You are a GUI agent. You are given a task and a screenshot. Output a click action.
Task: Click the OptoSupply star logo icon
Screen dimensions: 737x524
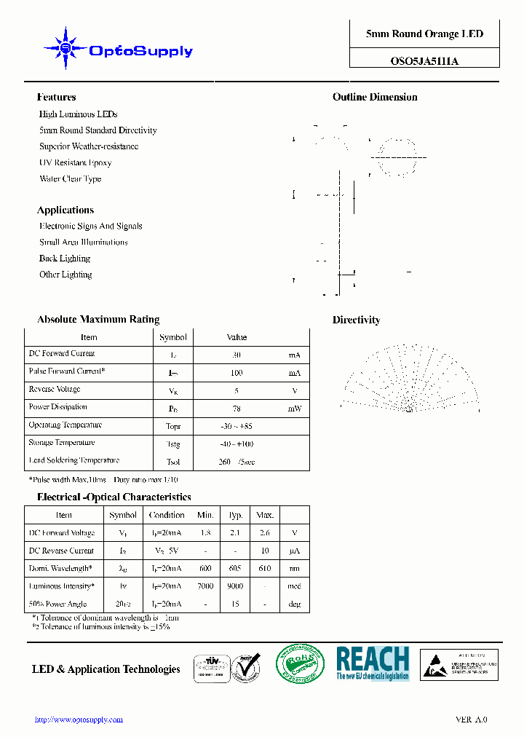click(65, 49)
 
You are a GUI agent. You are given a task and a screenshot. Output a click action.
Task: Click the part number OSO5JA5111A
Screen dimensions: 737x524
click(424, 62)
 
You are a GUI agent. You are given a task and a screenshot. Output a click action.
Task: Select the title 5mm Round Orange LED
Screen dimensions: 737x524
click(424, 34)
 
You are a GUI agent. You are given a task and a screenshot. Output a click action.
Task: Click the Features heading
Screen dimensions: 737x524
click(56, 98)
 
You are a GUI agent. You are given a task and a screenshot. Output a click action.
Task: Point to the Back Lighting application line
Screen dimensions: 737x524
click(65, 259)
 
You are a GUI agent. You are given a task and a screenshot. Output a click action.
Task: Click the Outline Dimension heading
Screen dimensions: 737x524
click(375, 98)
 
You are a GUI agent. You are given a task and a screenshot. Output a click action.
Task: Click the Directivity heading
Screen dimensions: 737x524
click(356, 320)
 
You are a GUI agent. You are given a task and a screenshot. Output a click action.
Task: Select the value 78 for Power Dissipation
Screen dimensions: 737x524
click(237, 409)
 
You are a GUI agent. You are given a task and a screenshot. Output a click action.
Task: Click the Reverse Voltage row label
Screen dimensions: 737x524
click(55, 390)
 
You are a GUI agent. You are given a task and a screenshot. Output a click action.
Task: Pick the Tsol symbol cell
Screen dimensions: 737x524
click(173, 462)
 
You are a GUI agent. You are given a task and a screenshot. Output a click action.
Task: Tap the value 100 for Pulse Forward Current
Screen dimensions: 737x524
click(237, 373)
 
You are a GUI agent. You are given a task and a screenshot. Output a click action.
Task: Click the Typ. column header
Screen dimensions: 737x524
click(235, 515)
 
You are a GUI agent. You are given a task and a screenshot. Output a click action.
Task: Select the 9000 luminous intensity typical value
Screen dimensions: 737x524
click(235, 586)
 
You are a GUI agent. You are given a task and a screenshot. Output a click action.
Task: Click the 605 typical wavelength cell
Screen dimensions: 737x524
click(235, 569)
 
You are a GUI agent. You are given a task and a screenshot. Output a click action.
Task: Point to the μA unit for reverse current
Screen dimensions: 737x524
click(294, 551)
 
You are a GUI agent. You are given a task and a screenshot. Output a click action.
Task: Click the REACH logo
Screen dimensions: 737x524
click(373, 663)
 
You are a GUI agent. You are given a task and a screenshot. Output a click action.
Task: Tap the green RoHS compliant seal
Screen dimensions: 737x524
click(300, 663)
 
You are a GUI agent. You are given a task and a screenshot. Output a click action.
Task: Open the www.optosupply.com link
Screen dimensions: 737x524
click(79, 720)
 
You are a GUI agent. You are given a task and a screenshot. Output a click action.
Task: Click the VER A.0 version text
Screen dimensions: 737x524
click(471, 720)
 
